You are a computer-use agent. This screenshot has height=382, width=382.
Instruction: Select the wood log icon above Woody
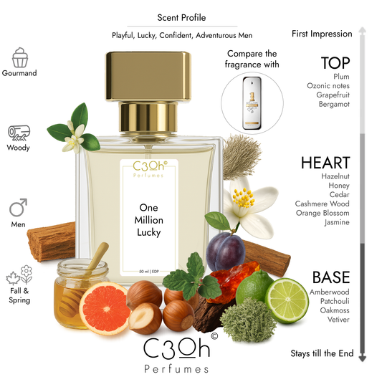point(19,132)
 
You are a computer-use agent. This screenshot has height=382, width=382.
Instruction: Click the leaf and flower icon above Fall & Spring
point(19,277)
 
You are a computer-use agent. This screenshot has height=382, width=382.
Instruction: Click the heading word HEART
point(326,163)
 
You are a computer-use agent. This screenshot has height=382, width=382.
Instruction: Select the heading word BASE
point(330,277)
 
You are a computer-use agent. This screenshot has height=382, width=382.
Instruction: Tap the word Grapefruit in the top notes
point(332,95)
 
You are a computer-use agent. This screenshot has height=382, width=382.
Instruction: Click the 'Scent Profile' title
point(177,18)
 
